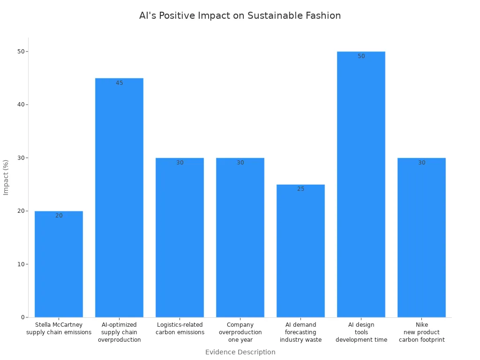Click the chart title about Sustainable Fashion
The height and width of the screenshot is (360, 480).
(x=240, y=15)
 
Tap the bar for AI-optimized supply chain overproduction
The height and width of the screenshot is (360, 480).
(x=119, y=197)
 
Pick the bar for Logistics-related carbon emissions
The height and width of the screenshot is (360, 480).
(x=180, y=237)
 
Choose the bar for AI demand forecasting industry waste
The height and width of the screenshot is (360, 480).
(x=300, y=251)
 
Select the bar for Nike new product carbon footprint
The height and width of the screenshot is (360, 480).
(x=421, y=237)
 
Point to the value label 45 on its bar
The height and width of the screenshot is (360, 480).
(x=119, y=83)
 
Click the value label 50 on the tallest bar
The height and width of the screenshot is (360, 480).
(x=361, y=56)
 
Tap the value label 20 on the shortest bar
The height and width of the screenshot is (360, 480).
(x=59, y=216)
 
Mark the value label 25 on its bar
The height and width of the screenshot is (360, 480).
(x=300, y=189)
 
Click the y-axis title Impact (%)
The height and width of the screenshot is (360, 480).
(x=6, y=177)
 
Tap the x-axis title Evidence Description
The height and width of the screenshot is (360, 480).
(x=240, y=352)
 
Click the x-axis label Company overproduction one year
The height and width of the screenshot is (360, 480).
(x=240, y=332)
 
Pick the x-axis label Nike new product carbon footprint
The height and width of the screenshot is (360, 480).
(x=421, y=332)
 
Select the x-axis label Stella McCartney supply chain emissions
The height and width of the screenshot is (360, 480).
(x=59, y=328)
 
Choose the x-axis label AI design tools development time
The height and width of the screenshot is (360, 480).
(x=361, y=332)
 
